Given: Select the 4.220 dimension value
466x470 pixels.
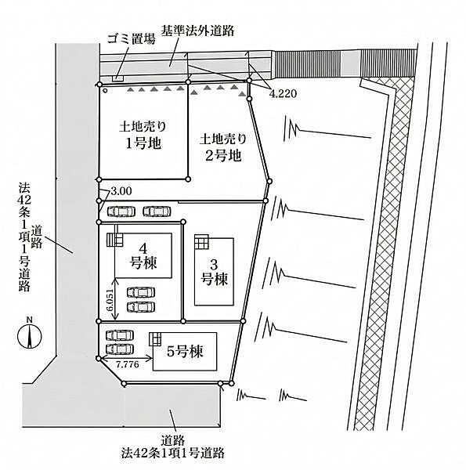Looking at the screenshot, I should pyautogui.click(x=284, y=93).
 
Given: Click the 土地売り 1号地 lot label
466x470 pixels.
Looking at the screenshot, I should pyautogui.click(x=143, y=134).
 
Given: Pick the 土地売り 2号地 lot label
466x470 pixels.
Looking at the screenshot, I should pyautogui.click(x=222, y=146).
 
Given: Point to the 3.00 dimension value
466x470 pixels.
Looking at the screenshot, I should pyautogui.click(x=122, y=190).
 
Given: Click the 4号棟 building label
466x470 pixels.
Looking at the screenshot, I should pyautogui.click(x=143, y=258).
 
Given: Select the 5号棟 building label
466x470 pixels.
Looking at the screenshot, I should pyautogui.click(x=184, y=353).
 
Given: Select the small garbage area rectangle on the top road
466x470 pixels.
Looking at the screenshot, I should pyautogui.click(x=118, y=78).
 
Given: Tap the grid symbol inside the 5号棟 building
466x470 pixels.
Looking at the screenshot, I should pyautogui.click(x=155, y=339).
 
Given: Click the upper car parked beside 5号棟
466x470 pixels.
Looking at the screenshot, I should pyautogui.click(x=119, y=334).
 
